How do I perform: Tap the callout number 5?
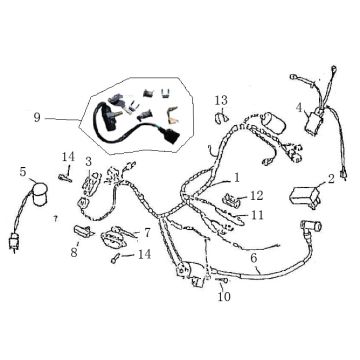pyautogui.click(x=23, y=172)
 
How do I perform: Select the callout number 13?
pyautogui.click(x=221, y=100)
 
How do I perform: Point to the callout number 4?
pyautogui.click(x=297, y=107)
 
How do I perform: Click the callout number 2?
pyautogui.click(x=331, y=179)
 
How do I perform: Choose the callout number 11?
pyautogui.click(x=257, y=214)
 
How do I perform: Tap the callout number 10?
pyautogui.click(x=222, y=296)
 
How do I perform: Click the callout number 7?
pyautogui.click(x=148, y=232)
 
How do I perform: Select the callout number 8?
pyautogui.click(x=74, y=252)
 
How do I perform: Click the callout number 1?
pyautogui.click(x=236, y=178)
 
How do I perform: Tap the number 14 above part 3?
pyautogui.click(x=68, y=157)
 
